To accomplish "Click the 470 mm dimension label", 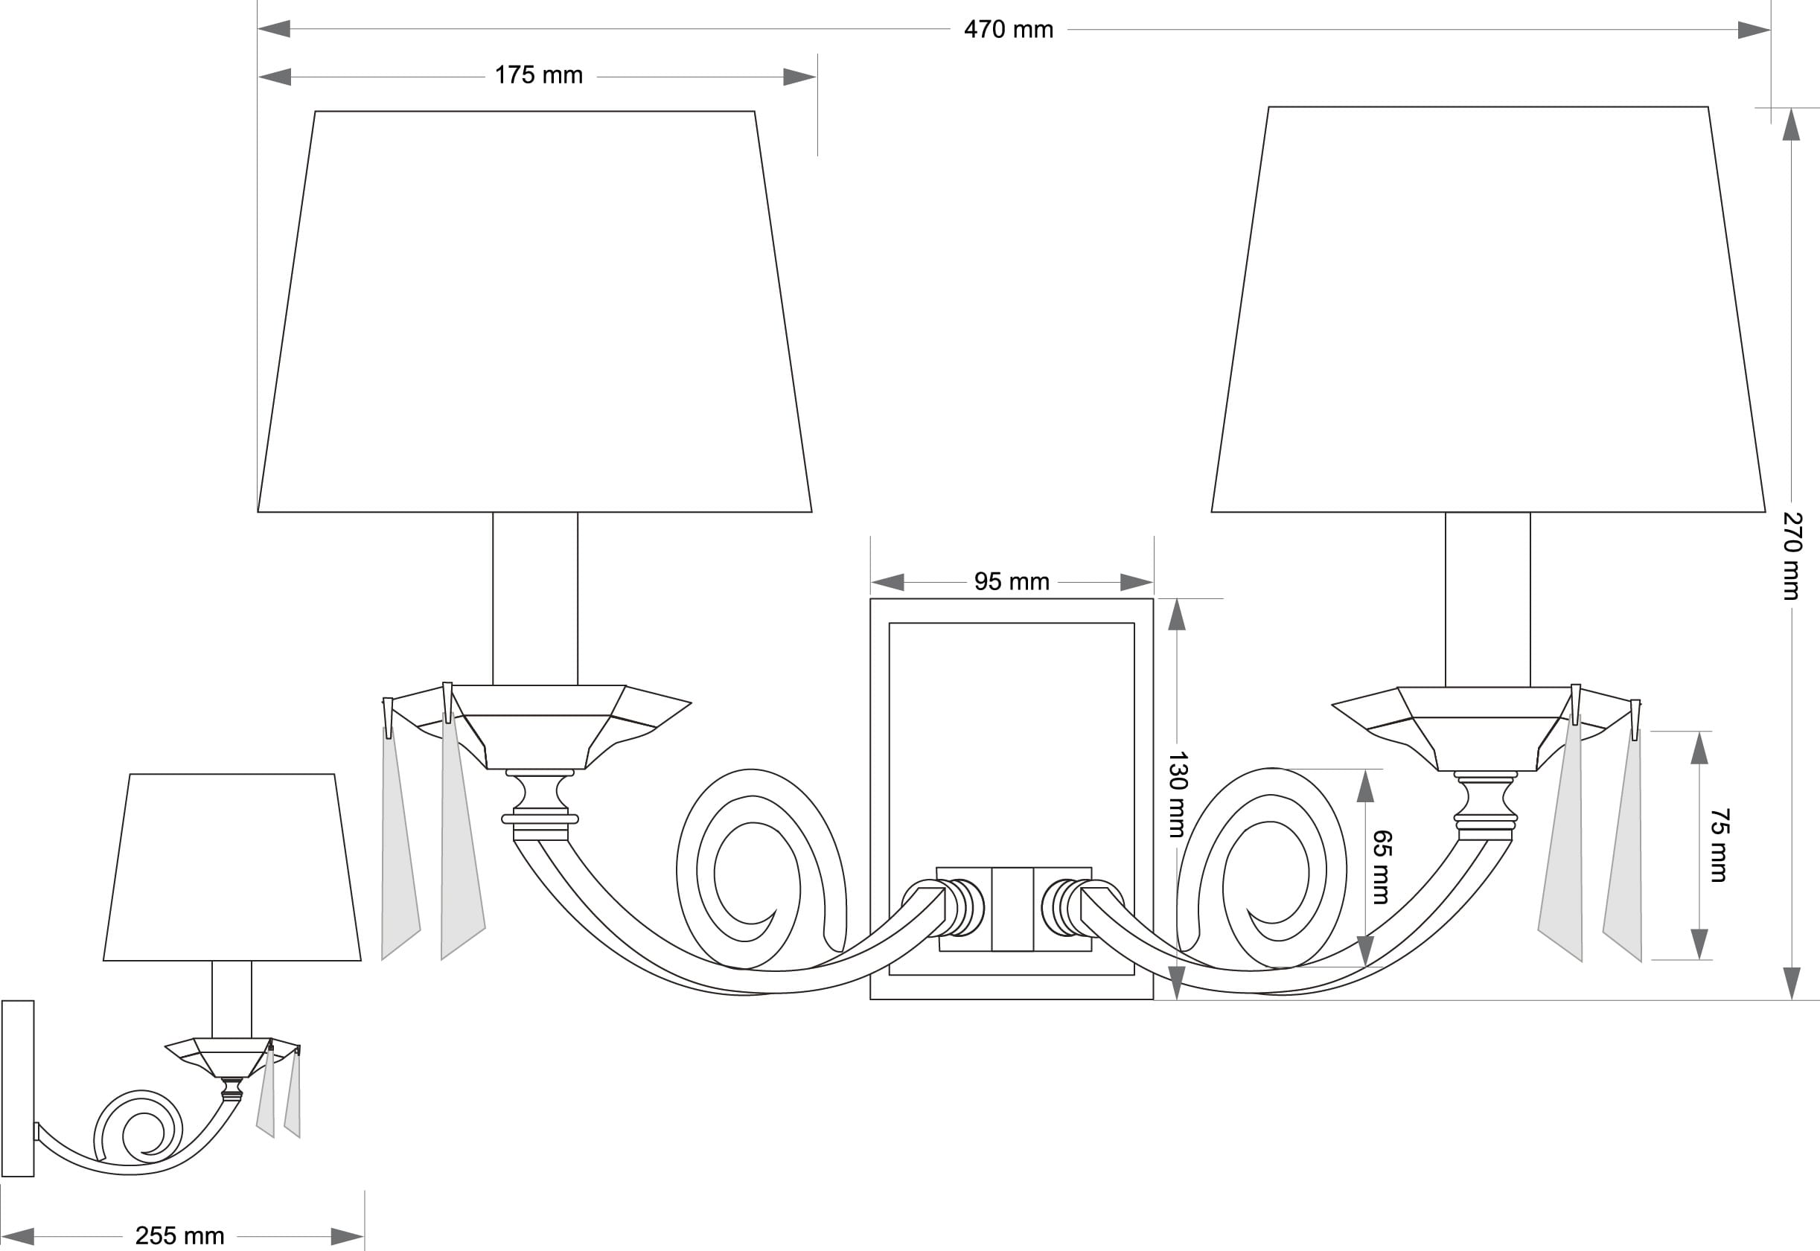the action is pos(1008,30).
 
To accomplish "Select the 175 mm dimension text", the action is pos(538,75).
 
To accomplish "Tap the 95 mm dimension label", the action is pos(1011,582).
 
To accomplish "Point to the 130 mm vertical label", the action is pos(1178,795).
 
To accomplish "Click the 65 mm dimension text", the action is pos(1381,867).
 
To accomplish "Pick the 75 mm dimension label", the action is pos(1719,845).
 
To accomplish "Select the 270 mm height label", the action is pos(1792,557).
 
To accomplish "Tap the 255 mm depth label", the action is pos(179,1236).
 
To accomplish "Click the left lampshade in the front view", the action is pos(534,312).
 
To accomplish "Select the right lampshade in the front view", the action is pos(1489,310).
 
